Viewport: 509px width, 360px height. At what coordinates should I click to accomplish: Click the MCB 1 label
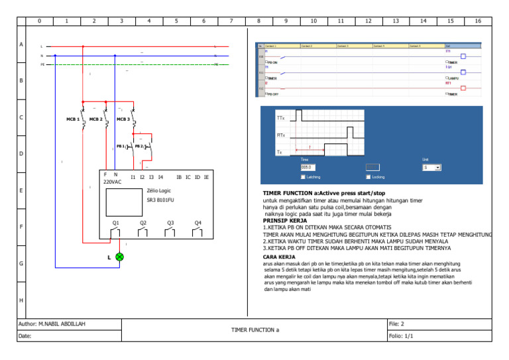click(72, 119)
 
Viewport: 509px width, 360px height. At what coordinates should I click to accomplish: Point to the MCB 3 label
click(123, 119)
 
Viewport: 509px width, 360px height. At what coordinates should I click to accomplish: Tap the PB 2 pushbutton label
click(139, 146)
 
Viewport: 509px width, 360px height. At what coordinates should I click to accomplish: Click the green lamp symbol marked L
click(119, 257)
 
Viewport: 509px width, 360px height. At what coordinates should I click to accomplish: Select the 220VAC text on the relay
click(112, 182)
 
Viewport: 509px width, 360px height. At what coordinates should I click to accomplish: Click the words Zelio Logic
click(159, 190)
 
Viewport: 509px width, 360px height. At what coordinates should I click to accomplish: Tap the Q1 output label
click(115, 223)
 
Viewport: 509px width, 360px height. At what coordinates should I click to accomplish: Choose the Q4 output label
click(198, 223)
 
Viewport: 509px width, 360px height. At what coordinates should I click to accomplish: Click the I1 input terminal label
click(133, 177)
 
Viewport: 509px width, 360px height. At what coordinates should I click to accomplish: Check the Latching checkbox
click(303, 177)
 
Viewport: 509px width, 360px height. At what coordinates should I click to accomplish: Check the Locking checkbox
click(368, 177)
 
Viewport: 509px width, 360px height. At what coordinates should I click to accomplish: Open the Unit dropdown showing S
click(431, 168)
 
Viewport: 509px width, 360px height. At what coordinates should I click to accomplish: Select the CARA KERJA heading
click(279, 256)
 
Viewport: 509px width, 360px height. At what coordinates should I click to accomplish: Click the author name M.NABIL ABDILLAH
click(63, 324)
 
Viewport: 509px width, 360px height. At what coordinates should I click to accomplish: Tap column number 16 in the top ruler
click(478, 21)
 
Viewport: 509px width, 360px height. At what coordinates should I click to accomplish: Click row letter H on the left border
click(21, 300)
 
